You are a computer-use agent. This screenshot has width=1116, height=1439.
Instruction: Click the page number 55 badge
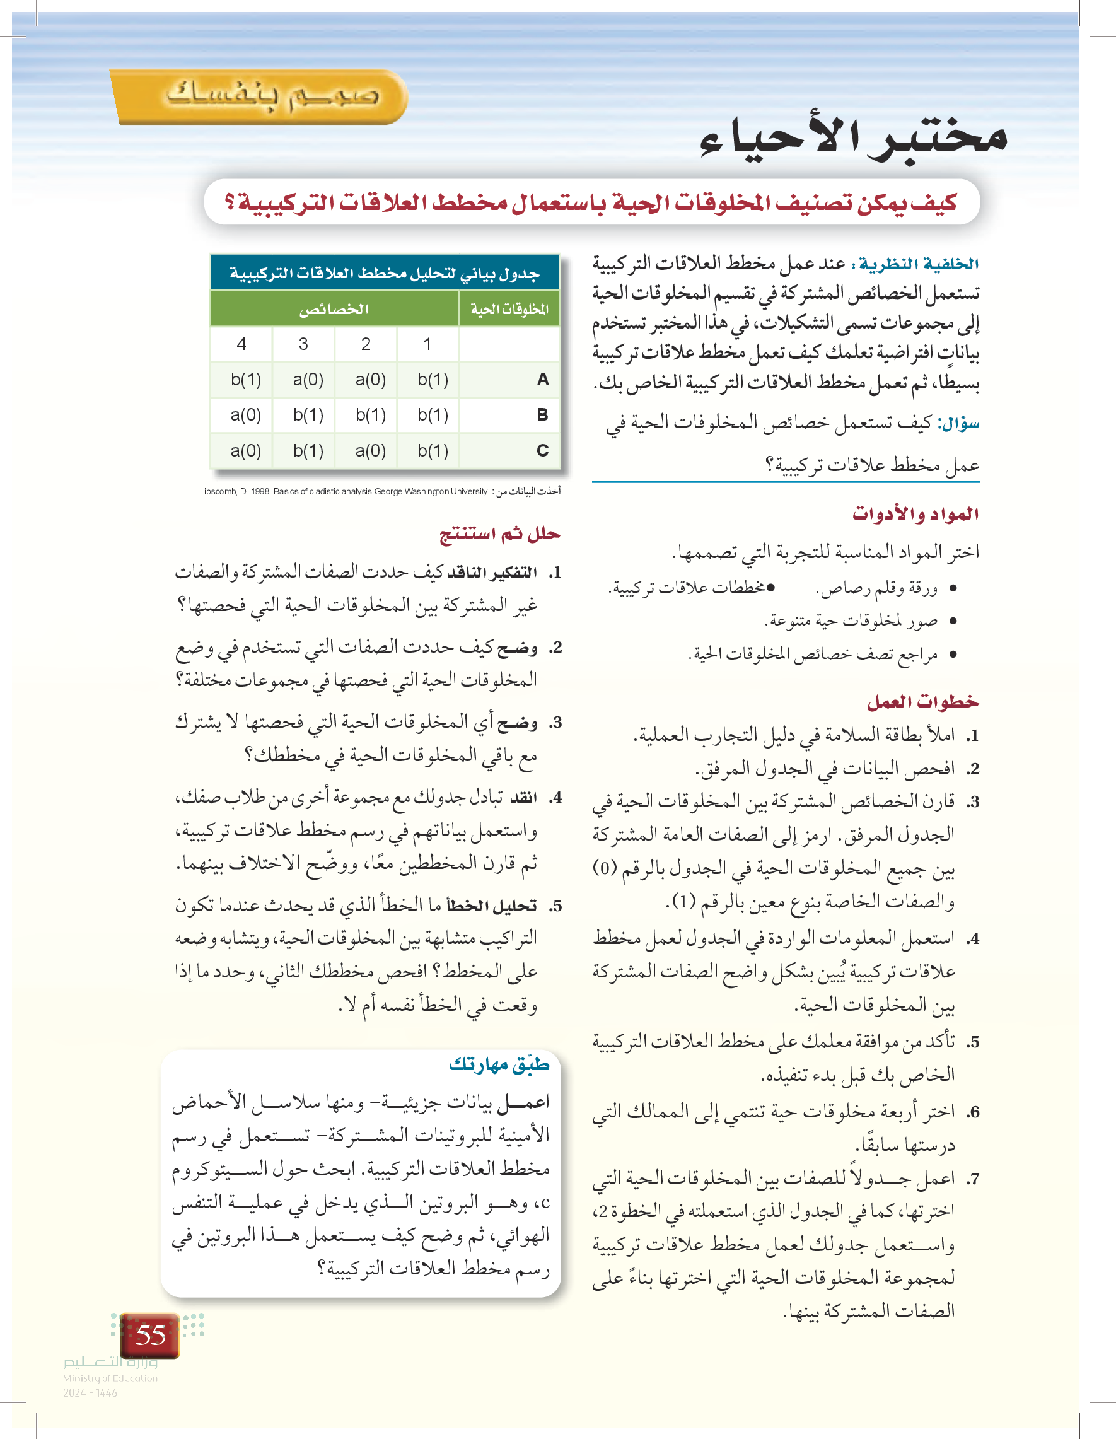(150, 1335)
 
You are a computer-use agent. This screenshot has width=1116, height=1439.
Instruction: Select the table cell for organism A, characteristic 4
(245, 380)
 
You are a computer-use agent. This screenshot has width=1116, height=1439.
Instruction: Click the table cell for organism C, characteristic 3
(308, 451)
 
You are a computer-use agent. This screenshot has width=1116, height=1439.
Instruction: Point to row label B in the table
(542, 415)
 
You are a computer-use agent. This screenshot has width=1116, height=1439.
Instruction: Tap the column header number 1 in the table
(427, 344)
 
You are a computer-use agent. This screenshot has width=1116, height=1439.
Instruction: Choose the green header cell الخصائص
(334, 309)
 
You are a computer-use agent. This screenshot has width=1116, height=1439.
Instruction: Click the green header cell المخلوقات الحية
(509, 309)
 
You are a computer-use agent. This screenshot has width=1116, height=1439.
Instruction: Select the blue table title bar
(385, 273)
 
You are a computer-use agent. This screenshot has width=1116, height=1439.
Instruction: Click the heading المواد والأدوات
(915, 514)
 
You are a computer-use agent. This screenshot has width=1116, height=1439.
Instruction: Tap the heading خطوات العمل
(922, 702)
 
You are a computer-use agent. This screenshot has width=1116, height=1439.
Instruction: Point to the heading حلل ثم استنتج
(500, 533)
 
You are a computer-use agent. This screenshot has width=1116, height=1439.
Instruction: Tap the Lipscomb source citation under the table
(380, 491)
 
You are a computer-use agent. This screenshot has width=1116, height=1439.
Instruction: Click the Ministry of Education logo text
(110, 1377)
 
